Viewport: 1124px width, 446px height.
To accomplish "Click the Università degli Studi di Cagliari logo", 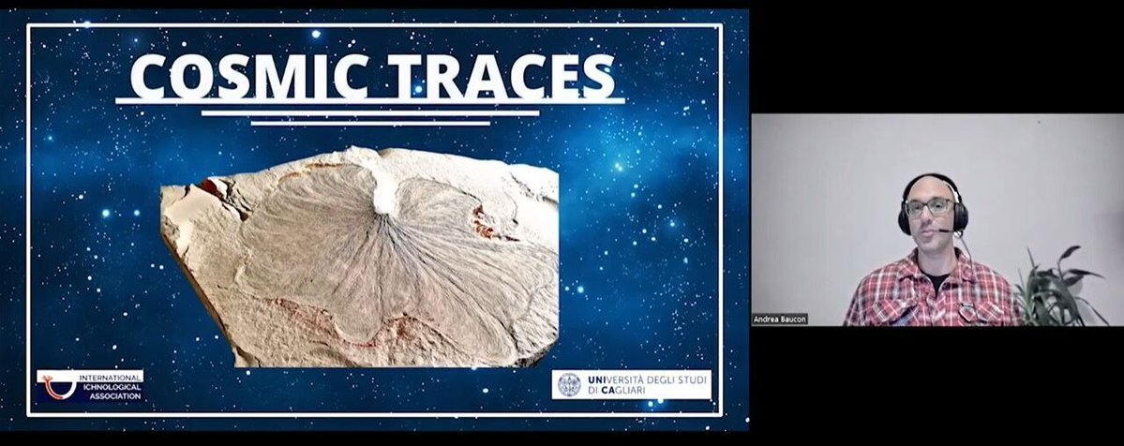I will click(631, 384).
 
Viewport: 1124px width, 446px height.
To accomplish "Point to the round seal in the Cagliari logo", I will click(569, 384).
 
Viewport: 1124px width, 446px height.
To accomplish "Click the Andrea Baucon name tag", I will click(779, 320).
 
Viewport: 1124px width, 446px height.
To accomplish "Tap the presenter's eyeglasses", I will click(929, 207).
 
